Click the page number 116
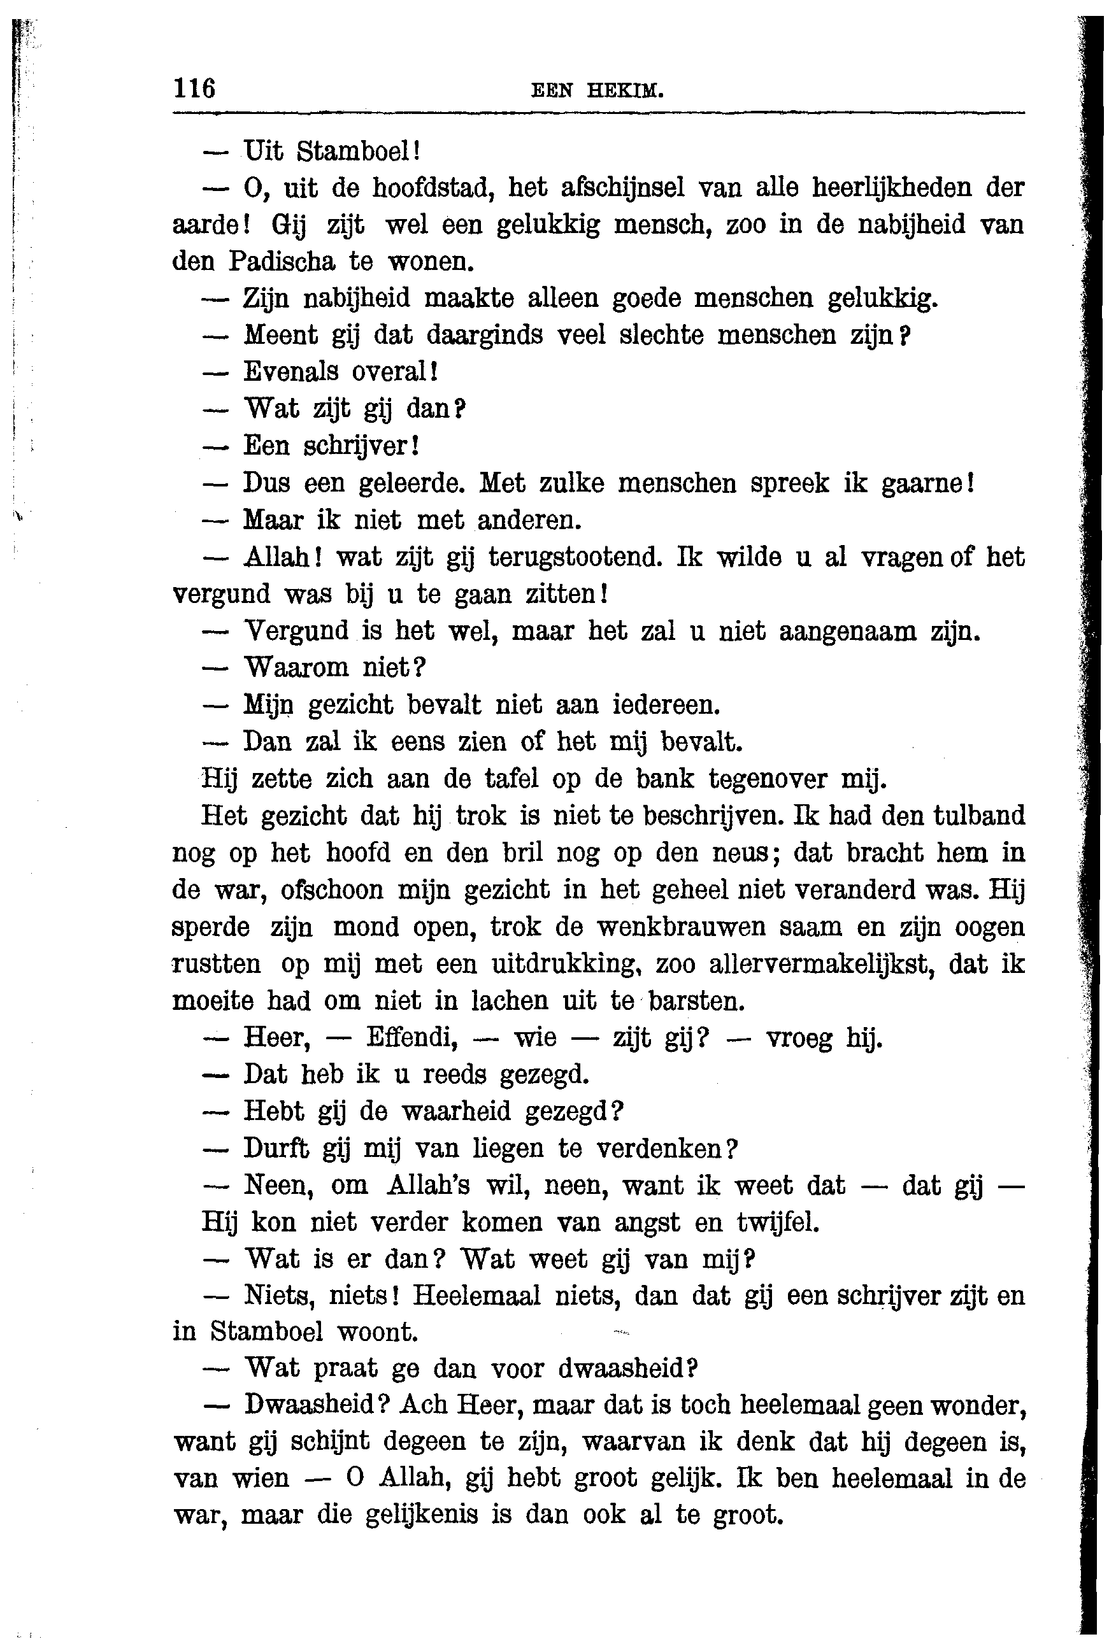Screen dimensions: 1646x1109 194,89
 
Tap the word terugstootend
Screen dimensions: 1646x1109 575,557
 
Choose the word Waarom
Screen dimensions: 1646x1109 295,667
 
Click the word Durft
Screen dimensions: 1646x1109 276,1148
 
